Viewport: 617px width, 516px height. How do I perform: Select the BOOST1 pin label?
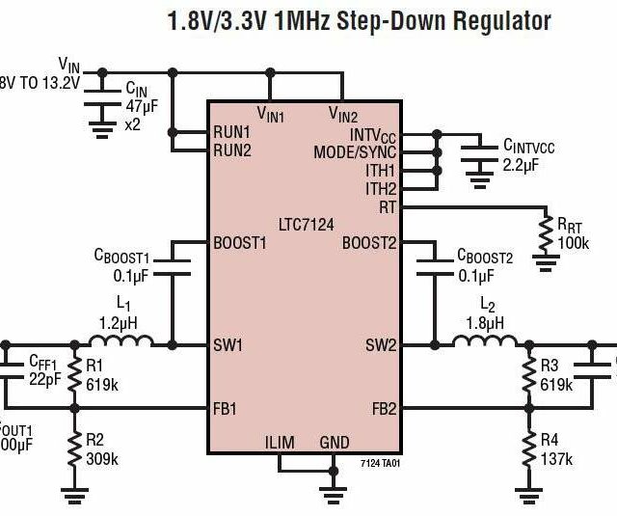(239, 243)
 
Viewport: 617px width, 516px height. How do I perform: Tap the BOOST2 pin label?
(369, 243)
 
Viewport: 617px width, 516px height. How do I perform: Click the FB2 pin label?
(383, 408)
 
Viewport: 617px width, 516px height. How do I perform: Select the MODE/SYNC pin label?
(355, 153)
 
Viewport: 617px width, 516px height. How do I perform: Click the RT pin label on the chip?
(388, 205)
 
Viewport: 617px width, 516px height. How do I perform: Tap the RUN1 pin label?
(232, 132)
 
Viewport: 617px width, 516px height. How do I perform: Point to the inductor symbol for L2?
(478, 341)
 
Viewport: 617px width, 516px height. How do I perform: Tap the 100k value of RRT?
(573, 243)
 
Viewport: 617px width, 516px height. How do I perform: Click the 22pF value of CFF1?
(45, 377)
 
